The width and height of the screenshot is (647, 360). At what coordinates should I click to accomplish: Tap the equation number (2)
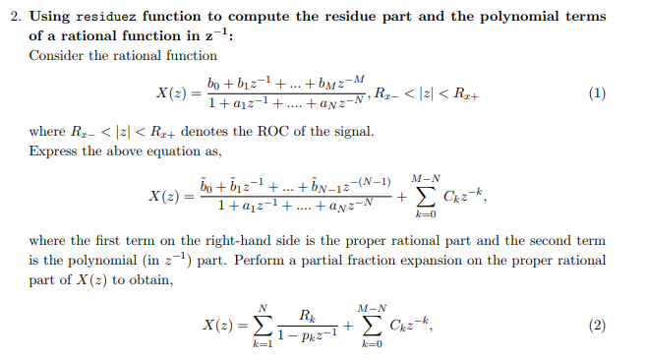(594, 327)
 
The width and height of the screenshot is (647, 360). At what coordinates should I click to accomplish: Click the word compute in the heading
(257, 16)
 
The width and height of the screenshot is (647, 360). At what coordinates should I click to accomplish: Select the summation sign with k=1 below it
(262, 327)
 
